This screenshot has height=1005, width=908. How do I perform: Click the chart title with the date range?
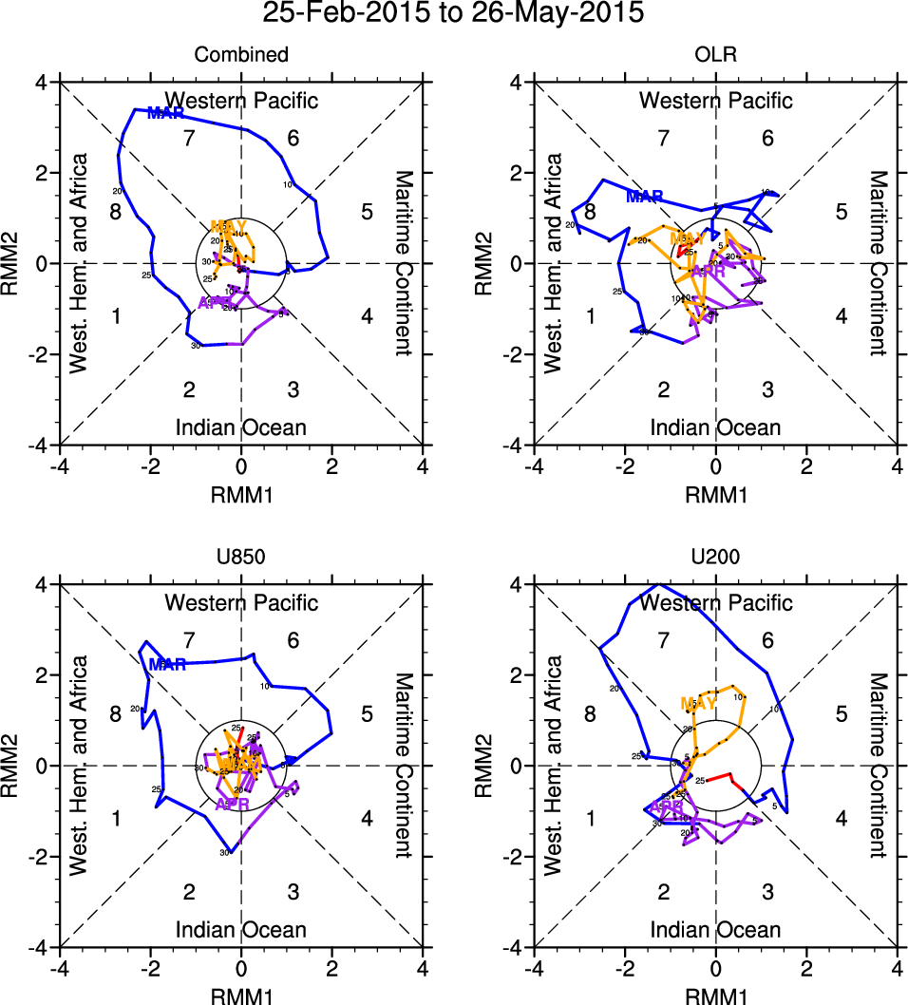tap(453, 14)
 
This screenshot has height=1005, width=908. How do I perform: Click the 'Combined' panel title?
tap(241, 55)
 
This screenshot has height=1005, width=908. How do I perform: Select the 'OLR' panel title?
tap(715, 55)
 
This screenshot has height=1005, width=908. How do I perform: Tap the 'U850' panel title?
tap(241, 559)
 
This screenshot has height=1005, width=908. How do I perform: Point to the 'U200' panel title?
tap(715, 559)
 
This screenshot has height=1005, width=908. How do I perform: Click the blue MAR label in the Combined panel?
tap(166, 114)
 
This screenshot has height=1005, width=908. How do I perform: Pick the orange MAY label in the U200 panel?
tap(701, 704)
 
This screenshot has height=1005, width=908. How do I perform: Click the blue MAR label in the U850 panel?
tap(167, 665)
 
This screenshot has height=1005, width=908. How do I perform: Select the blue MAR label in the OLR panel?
tap(645, 197)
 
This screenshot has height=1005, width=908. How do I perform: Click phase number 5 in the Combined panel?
tap(367, 212)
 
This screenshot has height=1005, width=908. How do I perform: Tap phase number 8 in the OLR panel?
tap(590, 212)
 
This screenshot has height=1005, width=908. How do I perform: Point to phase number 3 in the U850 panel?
tap(293, 892)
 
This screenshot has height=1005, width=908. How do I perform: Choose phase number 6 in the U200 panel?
tap(767, 641)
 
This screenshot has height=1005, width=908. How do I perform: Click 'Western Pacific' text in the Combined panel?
tap(241, 100)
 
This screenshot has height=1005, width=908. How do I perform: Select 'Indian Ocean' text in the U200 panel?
tap(715, 930)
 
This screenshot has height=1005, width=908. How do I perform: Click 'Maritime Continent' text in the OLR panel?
tap(877, 263)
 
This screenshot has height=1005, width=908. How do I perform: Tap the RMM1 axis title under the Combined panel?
tap(241, 492)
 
